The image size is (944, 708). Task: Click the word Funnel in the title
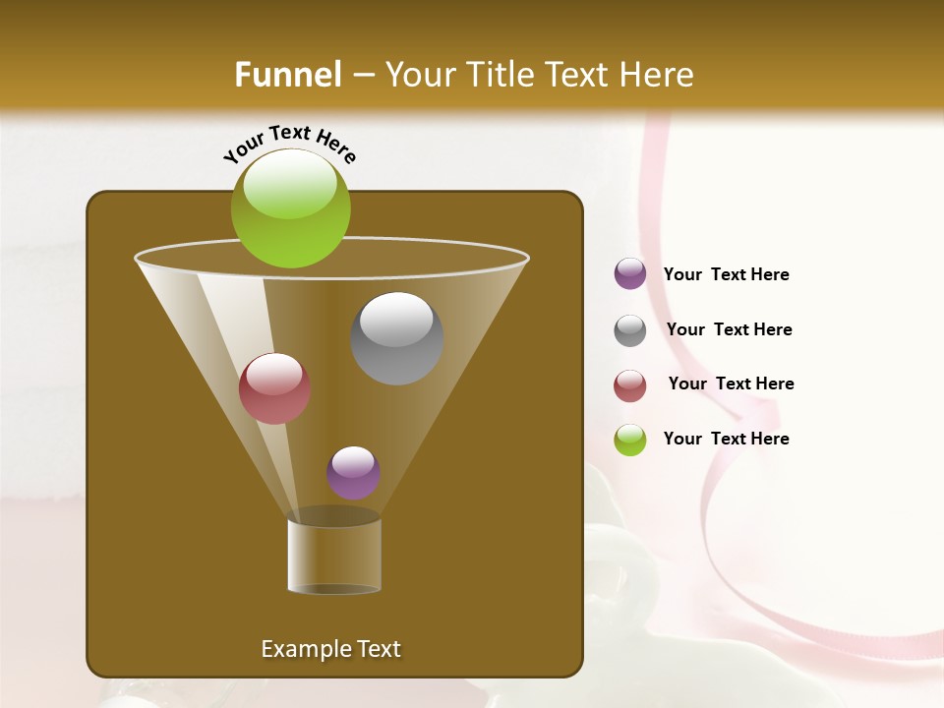pyautogui.click(x=287, y=75)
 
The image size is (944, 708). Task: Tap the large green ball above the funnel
pyautogui.click(x=290, y=208)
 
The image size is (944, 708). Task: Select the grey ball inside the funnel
pyautogui.click(x=396, y=338)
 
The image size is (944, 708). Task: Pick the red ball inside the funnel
pyautogui.click(x=274, y=388)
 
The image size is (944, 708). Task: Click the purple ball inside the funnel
pyautogui.click(x=353, y=473)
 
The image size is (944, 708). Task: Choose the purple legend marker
pyautogui.click(x=630, y=274)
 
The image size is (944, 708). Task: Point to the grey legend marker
pyautogui.click(x=630, y=329)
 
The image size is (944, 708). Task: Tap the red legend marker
pyautogui.click(x=630, y=384)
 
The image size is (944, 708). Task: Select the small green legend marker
pyautogui.click(x=630, y=440)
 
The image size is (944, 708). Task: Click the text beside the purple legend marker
pyautogui.click(x=726, y=275)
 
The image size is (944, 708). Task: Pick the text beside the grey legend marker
pyautogui.click(x=729, y=330)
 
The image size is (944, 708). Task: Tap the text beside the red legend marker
pyautogui.click(x=731, y=384)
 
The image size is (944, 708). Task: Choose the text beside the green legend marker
pyautogui.click(x=726, y=440)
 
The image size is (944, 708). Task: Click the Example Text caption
pyautogui.click(x=330, y=649)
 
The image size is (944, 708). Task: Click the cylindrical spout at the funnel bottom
pyautogui.click(x=334, y=555)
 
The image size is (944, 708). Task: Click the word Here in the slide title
pyautogui.click(x=657, y=75)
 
